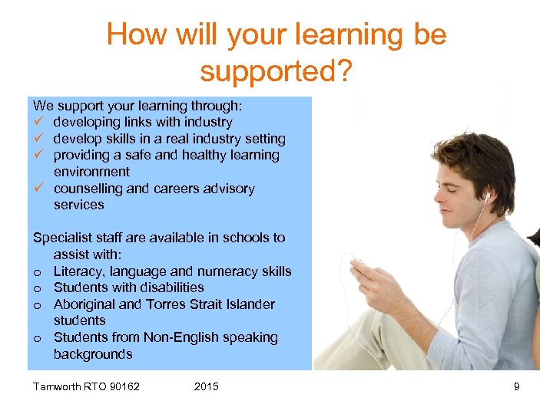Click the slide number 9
click(x=517, y=386)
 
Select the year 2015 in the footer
click(x=206, y=386)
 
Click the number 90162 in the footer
click(x=123, y=386)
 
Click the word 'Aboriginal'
click(x=84, y=304)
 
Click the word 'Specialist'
click(x=62, y=238)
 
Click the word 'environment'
click(x=91, y=172)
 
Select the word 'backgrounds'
click(x=93, y=354)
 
